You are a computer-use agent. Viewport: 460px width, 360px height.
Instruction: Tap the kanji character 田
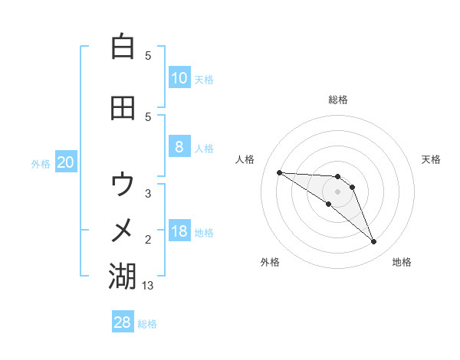click(x=123, y=107)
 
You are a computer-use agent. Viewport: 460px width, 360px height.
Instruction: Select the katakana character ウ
click(x=123, y=184)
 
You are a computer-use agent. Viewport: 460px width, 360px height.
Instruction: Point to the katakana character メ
click(x=123, y=229)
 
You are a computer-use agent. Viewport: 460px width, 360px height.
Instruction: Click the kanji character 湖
click(x=123, y=276)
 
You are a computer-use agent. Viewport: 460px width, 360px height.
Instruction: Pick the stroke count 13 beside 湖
click(x=149, y=286)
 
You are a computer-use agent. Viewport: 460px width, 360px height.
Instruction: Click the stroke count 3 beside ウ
click(x=148, y=194)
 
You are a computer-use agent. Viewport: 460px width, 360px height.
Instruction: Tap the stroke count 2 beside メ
click(x=148, y=240)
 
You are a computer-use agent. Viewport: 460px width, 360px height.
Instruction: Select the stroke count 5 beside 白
click(x=148, y=56)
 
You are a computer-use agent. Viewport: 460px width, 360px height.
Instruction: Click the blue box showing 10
click(x=179, y=77)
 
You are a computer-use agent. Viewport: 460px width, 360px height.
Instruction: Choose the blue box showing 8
click(x=179, y=147)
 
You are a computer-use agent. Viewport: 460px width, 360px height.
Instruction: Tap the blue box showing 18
click(x=179, y=231)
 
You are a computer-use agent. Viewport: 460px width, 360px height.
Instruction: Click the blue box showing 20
click(x=66, y=162)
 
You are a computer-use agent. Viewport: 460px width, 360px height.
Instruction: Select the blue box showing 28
click(x=123, y=322)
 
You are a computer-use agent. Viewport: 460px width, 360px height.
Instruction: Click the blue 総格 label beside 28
click(x=147, y=324)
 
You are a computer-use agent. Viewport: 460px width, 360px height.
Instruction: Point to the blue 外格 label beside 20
click(x=41, y=163)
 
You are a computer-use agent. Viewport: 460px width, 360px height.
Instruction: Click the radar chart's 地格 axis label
click(x=402, y=262)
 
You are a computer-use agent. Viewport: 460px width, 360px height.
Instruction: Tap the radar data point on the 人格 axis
click(x=279, y=172)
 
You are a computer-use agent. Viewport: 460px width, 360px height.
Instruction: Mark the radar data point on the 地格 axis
click(x=373, y=242)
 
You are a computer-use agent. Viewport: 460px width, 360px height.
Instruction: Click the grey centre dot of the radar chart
click(x=337, y=191)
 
